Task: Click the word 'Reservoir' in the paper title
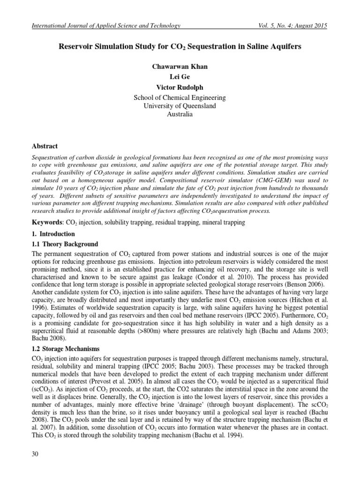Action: [76, 47]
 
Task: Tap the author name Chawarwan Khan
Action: [180, 67]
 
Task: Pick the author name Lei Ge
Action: [180, 77]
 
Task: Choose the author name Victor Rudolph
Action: [180, 88]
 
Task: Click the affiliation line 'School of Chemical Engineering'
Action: [180, 98]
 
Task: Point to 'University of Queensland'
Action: [180, 106]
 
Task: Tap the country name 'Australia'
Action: [180, 115]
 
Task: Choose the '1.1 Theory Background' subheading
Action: [65, 244]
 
